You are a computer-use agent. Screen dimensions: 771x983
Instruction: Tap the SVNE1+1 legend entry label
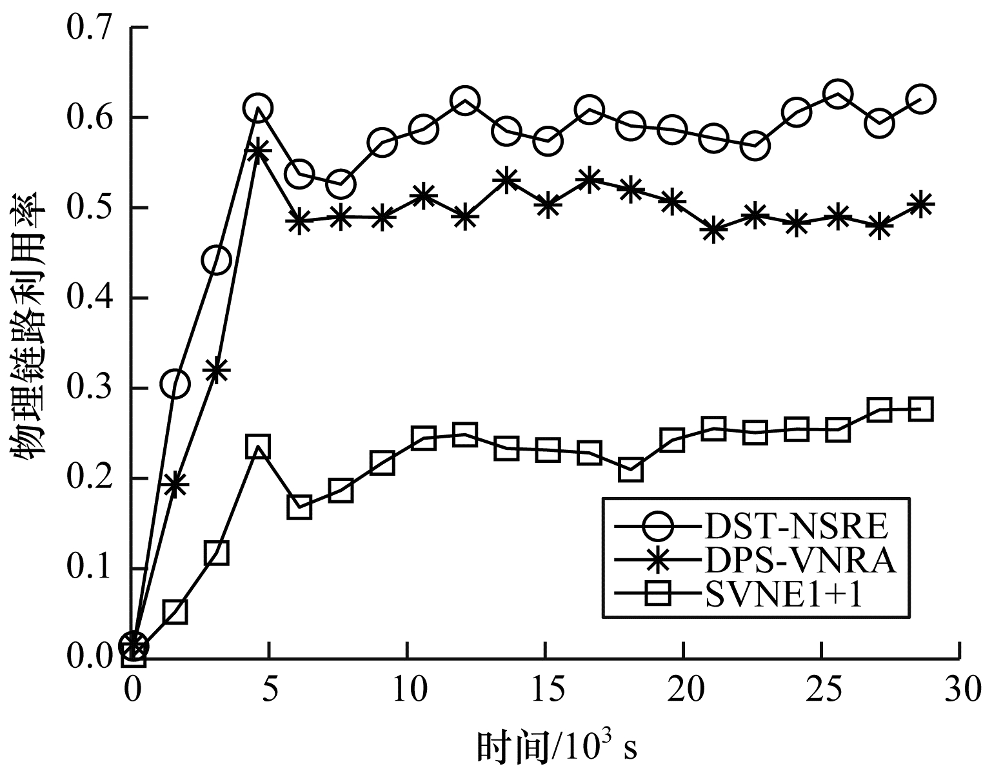781,597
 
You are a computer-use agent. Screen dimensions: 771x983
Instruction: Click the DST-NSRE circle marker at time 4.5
258,108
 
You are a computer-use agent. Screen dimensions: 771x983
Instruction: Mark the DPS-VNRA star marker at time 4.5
258,152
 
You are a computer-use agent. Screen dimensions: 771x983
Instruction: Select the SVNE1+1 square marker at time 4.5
258,447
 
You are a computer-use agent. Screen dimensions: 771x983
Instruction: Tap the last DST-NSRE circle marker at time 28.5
921,99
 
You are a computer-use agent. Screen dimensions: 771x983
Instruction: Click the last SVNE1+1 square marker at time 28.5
921,409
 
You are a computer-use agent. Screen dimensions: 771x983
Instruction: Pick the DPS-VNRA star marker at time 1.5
175,484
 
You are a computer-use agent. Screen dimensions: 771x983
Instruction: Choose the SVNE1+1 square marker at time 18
630,470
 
